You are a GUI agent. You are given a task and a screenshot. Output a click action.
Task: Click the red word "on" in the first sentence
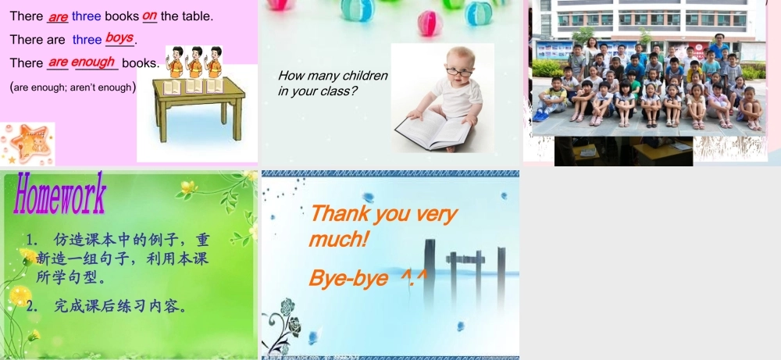coord(150,15)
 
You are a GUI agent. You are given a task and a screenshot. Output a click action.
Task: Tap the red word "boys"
coord(119,37)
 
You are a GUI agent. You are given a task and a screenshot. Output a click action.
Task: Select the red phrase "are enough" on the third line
coord(81,62)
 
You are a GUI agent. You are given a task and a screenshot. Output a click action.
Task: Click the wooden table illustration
coord(198,106)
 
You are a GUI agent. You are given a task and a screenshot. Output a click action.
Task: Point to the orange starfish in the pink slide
coord(29,142)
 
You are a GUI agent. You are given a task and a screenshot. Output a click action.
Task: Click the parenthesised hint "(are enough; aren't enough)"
coord(73,87)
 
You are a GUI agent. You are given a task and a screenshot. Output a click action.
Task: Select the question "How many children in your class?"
coord(333,83)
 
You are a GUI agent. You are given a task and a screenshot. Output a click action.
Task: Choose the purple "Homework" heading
coord(59,194)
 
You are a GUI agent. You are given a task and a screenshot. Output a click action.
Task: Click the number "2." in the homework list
coord(32,305)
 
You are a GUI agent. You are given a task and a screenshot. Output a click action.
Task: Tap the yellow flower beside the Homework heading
coord(188,187)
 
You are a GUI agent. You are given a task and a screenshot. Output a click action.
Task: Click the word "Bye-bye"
coord(348,278)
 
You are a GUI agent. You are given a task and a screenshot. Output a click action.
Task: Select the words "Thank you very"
coord(383,212)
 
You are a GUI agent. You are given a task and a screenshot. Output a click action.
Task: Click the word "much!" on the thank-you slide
coord(338,238)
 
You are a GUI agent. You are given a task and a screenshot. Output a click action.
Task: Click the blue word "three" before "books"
coord(87,16)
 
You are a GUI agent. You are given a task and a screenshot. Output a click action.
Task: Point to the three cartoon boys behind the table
coord(194,62)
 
